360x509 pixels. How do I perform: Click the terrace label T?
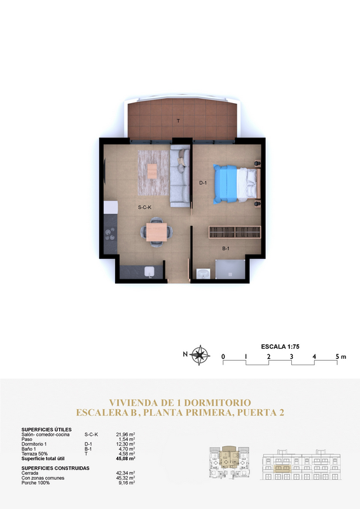[178, 121]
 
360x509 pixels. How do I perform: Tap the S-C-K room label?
[145, 207]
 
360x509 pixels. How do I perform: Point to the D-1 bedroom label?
[203, 183]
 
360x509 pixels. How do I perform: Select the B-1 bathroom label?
[226, 248]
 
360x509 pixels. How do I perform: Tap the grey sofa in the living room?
[180, 176]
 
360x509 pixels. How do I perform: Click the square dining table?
[156, 232]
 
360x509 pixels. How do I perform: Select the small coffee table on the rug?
[152, 171]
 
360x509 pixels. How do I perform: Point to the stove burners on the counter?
[110, 234]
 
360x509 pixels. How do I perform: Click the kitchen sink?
[149, 272]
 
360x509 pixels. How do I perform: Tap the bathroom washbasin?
[203, 274]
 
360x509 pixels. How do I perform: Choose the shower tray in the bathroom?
[230, 269]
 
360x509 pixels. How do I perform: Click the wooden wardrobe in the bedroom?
[235, 232]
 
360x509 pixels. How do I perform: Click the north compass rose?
[199, 355]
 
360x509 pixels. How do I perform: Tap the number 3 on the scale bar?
[291, 356]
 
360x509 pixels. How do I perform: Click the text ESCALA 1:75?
[280, 346]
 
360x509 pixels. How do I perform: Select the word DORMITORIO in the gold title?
[219, 403]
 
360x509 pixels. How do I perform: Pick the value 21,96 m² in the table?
[126, 435]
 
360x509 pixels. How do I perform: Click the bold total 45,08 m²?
[126, 458]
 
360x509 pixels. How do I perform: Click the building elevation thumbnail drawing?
[301, 464]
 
